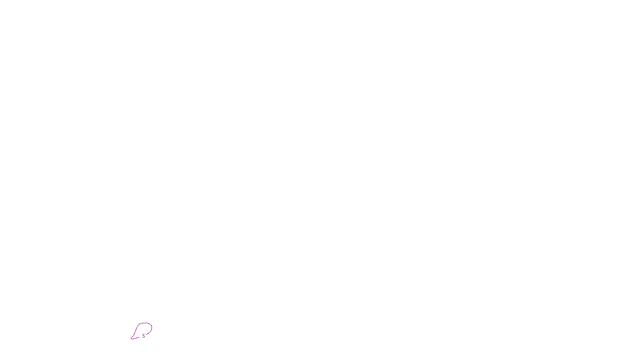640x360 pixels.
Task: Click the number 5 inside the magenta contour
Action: click(144, 336)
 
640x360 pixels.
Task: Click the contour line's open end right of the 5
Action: click(146, 335)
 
